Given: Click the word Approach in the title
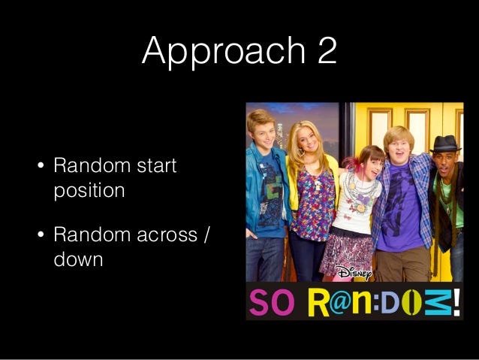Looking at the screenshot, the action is (224, 51).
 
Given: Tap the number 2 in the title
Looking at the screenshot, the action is (327, 50).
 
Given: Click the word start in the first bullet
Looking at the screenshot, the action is (157, 165).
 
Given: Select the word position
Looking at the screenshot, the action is (89, 191).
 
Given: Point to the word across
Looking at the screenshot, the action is (167, 235).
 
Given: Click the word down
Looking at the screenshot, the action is (78, 259).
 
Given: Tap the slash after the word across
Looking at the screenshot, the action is (206, 234).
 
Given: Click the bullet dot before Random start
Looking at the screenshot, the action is (41, 166).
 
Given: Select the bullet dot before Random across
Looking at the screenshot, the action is (41, 235).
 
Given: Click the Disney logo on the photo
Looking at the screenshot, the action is (354, 273).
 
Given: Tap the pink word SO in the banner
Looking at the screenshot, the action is (272, 302).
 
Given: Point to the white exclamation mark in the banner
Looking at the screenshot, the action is (456, 302).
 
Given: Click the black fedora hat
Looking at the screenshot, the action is (445, 144).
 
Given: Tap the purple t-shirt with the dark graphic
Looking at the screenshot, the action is (400, 208).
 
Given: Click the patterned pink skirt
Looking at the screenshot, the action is (347, 255).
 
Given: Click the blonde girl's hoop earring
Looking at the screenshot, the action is (300, 152).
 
